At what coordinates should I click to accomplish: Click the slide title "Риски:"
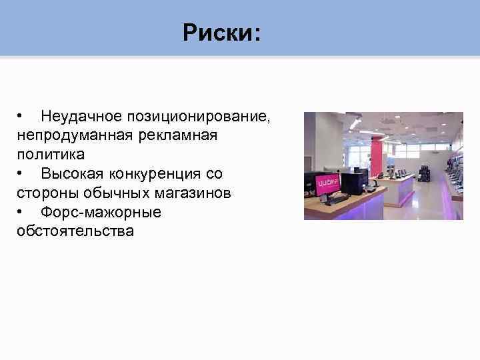[223, 32]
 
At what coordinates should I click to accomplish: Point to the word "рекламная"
[179, 135]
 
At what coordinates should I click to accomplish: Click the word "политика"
[51, 155]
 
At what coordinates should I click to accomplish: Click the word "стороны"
[47, 193]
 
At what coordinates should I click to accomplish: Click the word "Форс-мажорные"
[101, 213]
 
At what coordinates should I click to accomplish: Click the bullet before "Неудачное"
[21, 116]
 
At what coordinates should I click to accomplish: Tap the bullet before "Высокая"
[21, 174]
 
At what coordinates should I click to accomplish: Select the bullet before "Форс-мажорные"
[21, 213]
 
